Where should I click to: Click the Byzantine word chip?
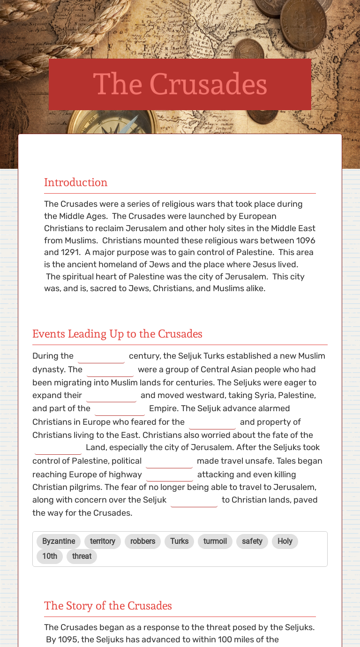[59, 541]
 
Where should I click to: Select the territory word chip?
[103, 541]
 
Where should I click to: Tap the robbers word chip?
[142, 541]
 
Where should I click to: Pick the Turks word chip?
[179, 541]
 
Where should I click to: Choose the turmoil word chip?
[215, 541]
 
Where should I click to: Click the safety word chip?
[252, 541]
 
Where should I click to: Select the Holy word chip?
[285, 541]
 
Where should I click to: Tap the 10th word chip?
[50, 556]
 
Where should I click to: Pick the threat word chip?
[82, 556]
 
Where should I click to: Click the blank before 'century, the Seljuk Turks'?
[101, 357]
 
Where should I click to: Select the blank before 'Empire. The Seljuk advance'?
[120, 409]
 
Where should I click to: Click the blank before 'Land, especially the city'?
[58, 448]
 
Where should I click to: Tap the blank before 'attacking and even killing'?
[170, 475]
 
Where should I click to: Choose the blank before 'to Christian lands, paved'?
[194, 501]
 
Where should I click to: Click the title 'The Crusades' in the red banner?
[180, 84]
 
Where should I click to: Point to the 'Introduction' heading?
[76, 182]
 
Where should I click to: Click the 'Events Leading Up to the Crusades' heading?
[117, 334]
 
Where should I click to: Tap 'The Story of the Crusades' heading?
[108, 606]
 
